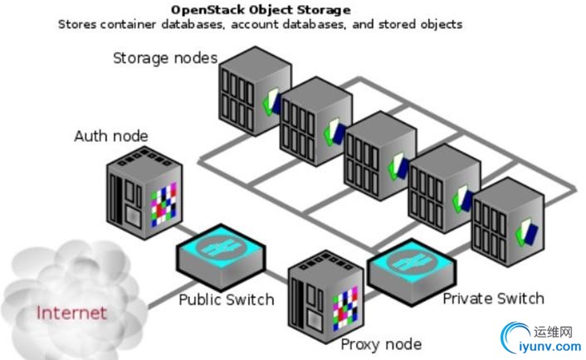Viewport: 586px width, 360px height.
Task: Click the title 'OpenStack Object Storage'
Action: (260, 10)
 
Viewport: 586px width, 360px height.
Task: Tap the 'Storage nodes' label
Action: (165, 58)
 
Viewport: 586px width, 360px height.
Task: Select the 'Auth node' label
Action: (111, 136)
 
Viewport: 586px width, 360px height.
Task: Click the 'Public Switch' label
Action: (227, 299)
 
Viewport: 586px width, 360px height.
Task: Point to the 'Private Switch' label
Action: (493, 298)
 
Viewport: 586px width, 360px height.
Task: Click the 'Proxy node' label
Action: (381, 343)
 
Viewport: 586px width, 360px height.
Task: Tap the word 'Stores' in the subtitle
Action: (76, 24)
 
